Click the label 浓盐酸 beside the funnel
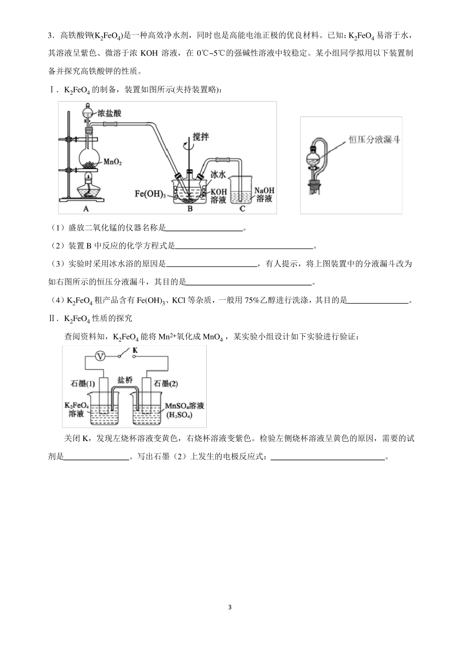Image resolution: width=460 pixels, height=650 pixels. pyautogui.click(x=109, y=113)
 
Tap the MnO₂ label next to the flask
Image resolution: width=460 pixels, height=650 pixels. pyautogui.click(x=112, y=162)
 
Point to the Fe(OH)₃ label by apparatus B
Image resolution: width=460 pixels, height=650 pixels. pyautogui.click(x=150, y=194)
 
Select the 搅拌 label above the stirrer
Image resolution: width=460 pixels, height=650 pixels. pyautogui.click(x=200, y=137)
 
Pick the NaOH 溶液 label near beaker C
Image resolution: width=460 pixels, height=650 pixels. pyautogui.click(x=263, y=194)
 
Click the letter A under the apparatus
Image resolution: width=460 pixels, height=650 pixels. pyautogui.click(x=86, y=208)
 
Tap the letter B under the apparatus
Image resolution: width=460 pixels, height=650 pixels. pyautogui.click(x=190, y=208)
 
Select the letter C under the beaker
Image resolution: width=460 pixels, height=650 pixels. pyautogui.click(x=242, y=208)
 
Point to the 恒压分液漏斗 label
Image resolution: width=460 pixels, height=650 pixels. pyautogui.click(x=374, y=140)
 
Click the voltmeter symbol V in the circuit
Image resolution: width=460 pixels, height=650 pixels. pyautogui.click(x=100, y=356)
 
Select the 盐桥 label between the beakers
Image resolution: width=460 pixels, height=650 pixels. pyautogui.click(x=124, y=380)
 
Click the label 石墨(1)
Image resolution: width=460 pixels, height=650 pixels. pyautogui.click(x=83, y=384)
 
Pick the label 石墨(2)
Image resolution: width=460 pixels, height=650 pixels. pyautogui.click(x=166, y=384)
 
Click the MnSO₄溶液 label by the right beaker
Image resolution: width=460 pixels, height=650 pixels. pyautogui.click(x=184, y=405)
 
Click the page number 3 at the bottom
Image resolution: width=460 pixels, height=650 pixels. pyautogui.click(x=230, y=607)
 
